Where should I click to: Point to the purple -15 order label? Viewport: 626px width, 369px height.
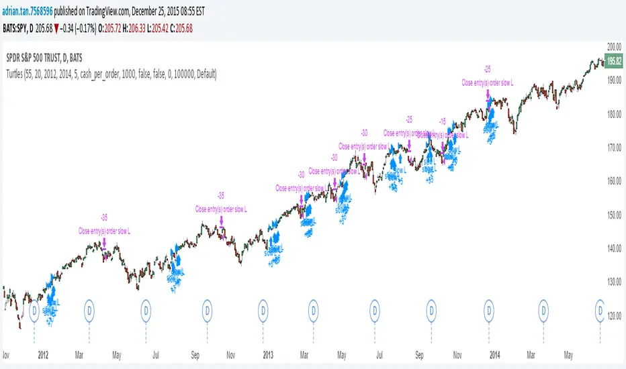point(441,121)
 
